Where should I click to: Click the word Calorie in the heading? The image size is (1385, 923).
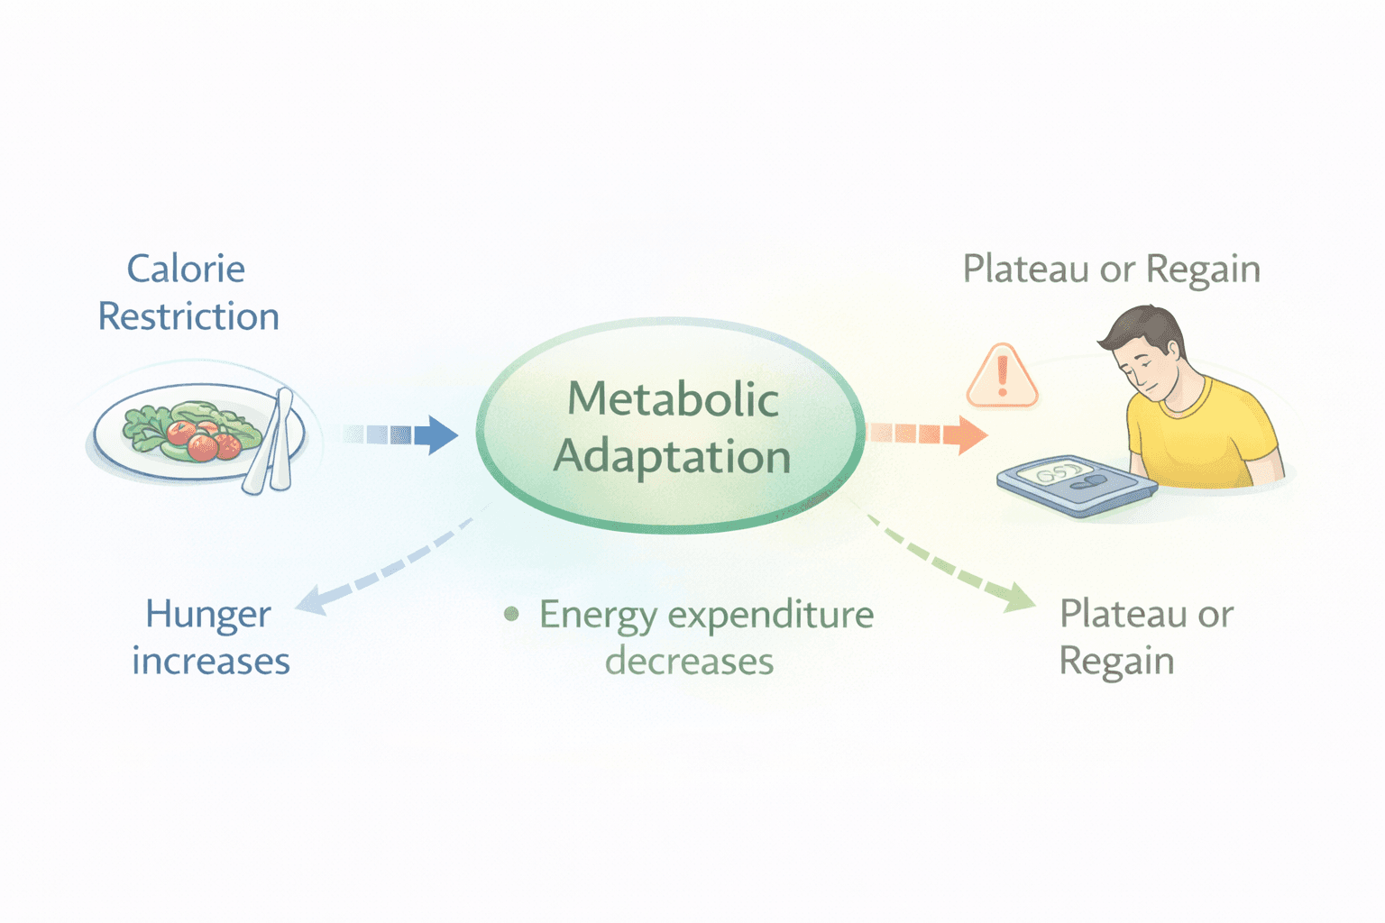click(x=186, y=269)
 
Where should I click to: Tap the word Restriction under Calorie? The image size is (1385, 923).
click(x=188, y=316)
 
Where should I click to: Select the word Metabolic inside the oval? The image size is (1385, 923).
click(x=673, y=398)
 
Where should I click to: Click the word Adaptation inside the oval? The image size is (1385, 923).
click(x=673, y=456)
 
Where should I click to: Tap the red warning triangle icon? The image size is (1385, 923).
click(x=1002, y=376)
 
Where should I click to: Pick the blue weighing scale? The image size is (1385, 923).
click(x=1077, y=484)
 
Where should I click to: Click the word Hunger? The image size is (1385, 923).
click(x=207, y=616)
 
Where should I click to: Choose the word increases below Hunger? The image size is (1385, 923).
click(x=211, y=662)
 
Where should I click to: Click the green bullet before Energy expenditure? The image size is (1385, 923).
click(x=511, y=615)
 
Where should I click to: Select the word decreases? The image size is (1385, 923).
click(x=689, y=662)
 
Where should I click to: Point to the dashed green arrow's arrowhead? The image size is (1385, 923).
click(x=1020, y=598)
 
